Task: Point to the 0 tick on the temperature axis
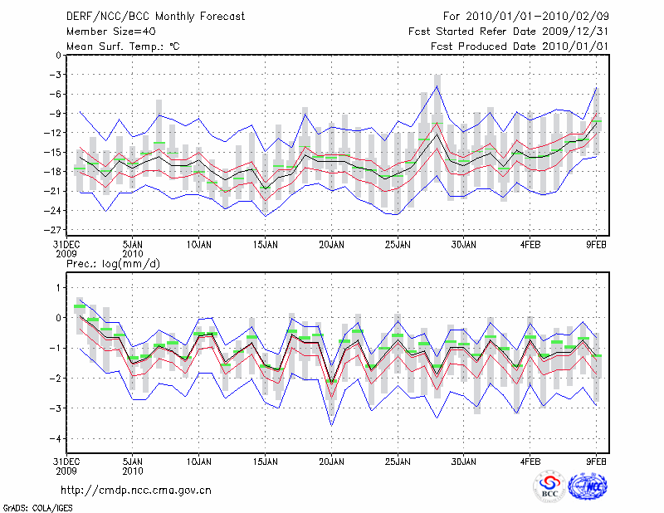coord(58,56)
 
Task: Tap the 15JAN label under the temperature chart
coord(265,245)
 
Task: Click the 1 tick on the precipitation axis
coord(58,287)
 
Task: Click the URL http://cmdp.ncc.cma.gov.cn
coord(136,490)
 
